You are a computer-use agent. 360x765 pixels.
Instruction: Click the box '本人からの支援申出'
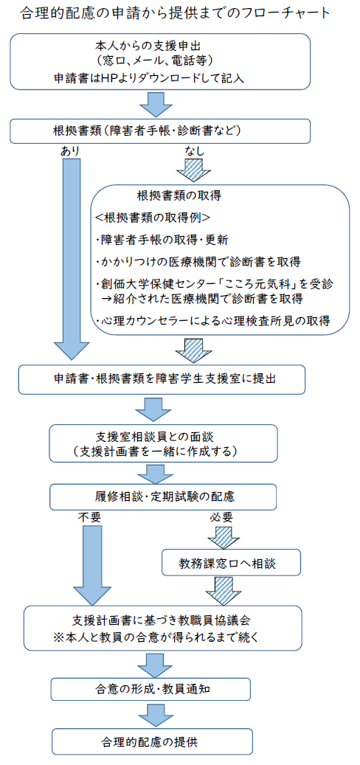point(160,61)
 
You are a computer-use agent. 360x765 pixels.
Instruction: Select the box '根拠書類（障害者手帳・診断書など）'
point(160,131)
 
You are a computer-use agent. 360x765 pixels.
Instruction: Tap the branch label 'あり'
point(70,151)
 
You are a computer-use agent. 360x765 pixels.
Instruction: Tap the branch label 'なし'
point(194,151)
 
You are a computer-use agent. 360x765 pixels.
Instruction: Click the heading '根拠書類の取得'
point(179,196)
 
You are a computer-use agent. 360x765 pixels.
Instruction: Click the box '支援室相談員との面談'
point(164,443)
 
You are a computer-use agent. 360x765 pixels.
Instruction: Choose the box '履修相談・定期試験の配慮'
point(164,496)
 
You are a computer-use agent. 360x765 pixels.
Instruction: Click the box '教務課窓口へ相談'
point(231,564)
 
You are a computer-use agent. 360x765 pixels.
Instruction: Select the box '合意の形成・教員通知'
point(151,689)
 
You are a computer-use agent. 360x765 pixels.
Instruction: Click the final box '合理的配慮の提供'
point(152,741)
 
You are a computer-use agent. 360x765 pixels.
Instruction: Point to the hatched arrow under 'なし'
point(193,170)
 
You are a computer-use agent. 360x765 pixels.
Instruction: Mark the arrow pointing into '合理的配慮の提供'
point(153,716)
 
